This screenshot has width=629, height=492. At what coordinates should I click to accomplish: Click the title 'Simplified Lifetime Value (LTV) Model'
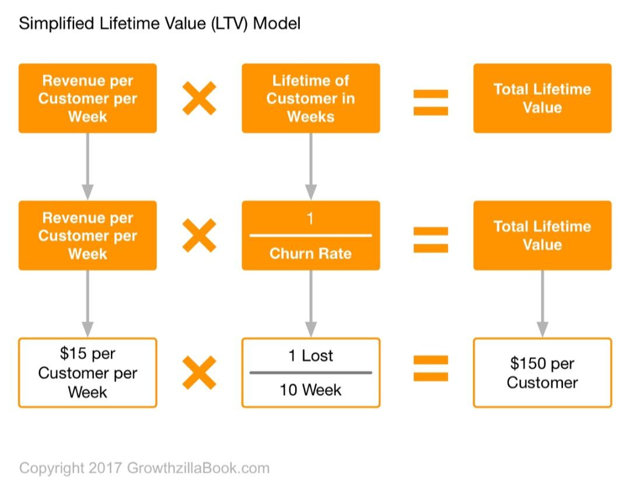pyautogui.click(x=159, y=24)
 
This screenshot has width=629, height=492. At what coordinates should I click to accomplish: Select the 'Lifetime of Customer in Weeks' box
pyautogui.click(x=310, y=98)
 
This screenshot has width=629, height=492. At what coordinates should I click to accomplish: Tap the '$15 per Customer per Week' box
pyautogui.click(x=88, y=372)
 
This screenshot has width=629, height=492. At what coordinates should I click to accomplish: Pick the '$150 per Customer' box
pyautogui.click(x=542, y=372)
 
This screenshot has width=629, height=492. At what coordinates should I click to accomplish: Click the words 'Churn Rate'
pyautogui.click(x=310, y=254)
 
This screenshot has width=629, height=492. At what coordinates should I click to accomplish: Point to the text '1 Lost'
pyautogui.click(x=310, y=355)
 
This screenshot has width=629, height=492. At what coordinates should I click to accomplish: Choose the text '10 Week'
pyautogui.click(x=310, y=389)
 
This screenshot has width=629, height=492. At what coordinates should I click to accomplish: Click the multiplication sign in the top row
pyautogui.click(x=199, y=98)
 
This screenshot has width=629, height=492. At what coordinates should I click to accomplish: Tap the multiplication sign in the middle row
pyautogui.click(x=199, y=235)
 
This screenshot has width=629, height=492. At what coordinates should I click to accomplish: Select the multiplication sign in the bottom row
pyautogui.click(x=199, y=372)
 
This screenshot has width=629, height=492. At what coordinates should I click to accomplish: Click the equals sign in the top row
pyautogui.click(x=431, y=102)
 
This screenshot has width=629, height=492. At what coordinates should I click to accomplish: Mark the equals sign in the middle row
pyautogui.click(x=431, y=239)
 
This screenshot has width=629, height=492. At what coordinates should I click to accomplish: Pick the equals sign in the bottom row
pyautogui.click(x=431, y=368)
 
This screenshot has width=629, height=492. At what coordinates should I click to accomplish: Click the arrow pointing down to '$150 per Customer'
pyautogui.click(x=542, y=303)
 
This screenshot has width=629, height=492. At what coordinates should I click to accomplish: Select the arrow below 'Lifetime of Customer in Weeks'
pyautogui.click(x=310, y=166)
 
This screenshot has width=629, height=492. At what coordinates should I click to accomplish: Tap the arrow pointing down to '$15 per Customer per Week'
pyautogui.click(x=88, y=303)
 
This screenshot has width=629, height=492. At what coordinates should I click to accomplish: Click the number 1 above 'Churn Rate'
pyautogui.click(x=310, y=219)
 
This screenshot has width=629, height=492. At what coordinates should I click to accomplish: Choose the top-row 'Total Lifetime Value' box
pyautogui.click(x=542, y=98)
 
